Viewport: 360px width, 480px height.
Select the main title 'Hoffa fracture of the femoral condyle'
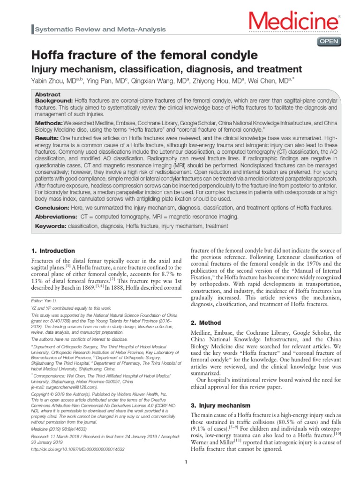coord(144,54)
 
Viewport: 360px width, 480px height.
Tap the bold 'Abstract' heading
coord(48,94)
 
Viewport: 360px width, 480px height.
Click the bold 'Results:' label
coord(47,138)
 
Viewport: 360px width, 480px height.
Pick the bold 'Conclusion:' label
coord(52,208)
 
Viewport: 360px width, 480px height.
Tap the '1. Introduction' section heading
coord(52,251)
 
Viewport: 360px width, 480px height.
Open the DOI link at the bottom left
coord(77,449)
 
